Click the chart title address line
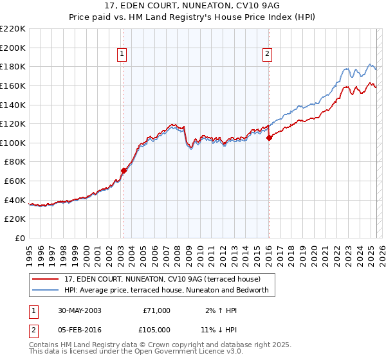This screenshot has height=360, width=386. [192, 6]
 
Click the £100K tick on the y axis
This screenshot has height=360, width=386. [13, 143]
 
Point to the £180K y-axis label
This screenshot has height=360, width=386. [13, 66]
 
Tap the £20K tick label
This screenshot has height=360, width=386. [15, 219]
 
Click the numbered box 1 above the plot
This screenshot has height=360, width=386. [122, 55]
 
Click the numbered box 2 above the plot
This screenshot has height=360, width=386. [267, 55]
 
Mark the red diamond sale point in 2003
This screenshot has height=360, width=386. [124, 170]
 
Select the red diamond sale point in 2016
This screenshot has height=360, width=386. [269, 138]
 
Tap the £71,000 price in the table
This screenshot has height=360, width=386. [156, 310]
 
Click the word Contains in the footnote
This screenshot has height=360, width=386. [44, 346]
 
